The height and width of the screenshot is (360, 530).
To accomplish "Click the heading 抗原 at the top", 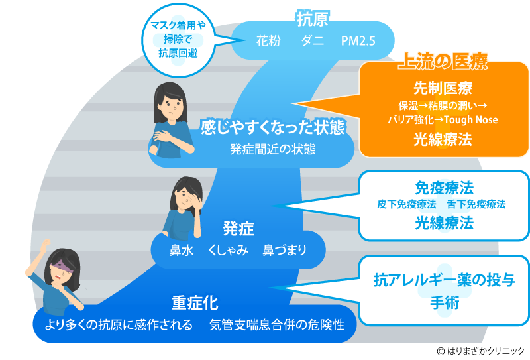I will [x=312, y=19].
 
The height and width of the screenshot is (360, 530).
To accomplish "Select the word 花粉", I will [x=268, y=40].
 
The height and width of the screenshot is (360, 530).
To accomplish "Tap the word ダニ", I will [x=312, y=40].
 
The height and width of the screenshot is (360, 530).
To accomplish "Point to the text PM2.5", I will [x=358, y=40].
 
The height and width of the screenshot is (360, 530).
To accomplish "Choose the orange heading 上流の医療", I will [x=442, y=62].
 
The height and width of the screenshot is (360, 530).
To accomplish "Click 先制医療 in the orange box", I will [x=443, y=89].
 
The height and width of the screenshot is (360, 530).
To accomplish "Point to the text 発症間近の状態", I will [x=272, y=149].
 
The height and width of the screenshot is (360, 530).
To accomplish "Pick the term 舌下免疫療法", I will [x=476, y=204].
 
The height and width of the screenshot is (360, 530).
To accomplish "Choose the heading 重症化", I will [x=195, y=303].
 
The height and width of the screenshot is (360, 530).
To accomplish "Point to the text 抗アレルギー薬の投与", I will [x=443, y=279].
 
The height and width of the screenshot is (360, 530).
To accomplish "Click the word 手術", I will [x=443, y=302].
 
